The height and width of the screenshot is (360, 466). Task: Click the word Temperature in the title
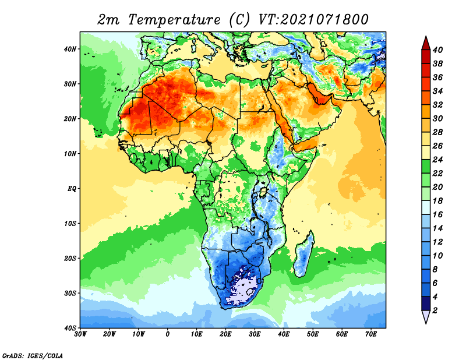(174, 20)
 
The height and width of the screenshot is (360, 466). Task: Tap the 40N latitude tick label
(70, 49)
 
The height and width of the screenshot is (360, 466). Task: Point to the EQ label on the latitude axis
(72, 189)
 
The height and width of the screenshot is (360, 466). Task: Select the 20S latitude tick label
(70, 258)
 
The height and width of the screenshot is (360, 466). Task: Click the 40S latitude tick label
(70, 328)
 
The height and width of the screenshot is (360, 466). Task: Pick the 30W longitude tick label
(80, 334)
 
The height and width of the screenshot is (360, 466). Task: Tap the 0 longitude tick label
(168, 334)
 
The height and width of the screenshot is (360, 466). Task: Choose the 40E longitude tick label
(284, 334)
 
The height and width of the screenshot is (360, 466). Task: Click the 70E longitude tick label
(371, 334)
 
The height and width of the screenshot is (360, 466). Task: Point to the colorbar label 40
(437, 50)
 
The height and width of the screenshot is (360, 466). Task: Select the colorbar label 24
(437, 160)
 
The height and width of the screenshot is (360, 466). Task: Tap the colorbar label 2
(435, 310)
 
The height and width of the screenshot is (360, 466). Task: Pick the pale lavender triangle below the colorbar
(426, 316)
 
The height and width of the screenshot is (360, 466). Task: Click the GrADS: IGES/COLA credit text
(33, 355)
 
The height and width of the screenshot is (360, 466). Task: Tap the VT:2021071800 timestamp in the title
(313, 20)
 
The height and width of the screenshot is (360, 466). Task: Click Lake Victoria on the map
(263, 192)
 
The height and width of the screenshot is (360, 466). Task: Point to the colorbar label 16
(437, 214)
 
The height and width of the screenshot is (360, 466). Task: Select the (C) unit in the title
(239, 20)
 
